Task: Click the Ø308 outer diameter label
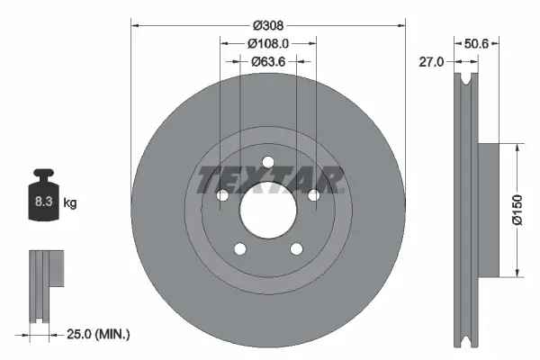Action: coord(268,25)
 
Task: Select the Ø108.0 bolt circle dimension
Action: coord(268,43)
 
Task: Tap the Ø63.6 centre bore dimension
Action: coord(268,62)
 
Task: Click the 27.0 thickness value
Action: coord(433,62)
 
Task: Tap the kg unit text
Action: coord(70,203)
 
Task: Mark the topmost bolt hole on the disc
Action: coord(268,163)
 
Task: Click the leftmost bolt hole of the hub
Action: coord(222,196)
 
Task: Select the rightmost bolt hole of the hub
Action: coord(314,196)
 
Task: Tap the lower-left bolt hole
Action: coord(239,249)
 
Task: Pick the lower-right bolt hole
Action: coord(297,249)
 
